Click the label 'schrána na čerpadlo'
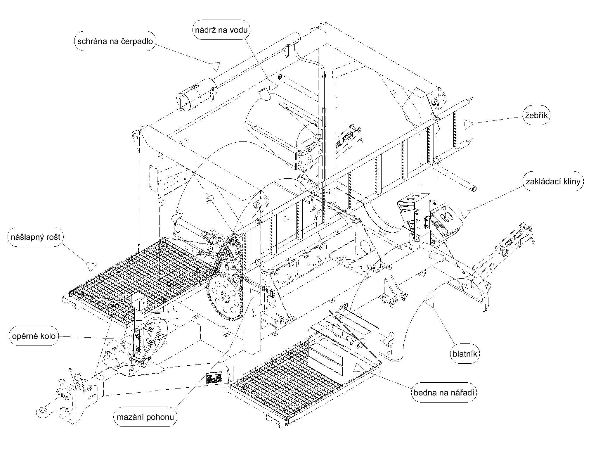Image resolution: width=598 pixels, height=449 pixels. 115,41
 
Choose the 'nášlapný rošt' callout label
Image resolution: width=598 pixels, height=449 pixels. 36,237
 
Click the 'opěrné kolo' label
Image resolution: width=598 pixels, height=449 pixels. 34,336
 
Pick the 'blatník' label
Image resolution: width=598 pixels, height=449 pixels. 464,354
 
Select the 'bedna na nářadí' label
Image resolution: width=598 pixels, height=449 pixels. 444,393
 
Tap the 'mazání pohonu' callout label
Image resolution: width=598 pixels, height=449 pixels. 145,417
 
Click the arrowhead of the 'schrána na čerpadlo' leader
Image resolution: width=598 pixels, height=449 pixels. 216,66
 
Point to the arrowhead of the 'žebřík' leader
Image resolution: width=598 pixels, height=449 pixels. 469,124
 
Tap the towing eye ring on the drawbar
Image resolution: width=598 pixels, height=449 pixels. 43,412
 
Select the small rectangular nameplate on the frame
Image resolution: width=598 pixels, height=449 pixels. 214,378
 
